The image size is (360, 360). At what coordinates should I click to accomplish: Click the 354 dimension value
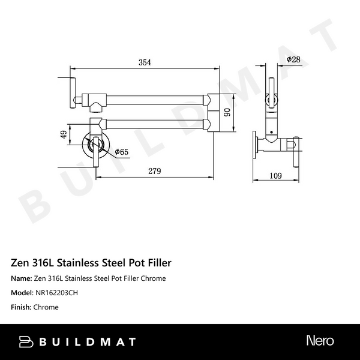[144, 62]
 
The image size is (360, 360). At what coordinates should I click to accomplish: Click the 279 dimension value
[154, 171]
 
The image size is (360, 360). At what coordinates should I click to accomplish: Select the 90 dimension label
[227, 112]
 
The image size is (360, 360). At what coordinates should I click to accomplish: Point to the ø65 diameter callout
[121, 152]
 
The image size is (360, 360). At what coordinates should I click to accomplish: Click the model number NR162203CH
[57, 293]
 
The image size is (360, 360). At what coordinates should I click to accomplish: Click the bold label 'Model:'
[22, 293]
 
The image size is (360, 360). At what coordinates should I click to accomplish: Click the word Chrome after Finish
[47, 307]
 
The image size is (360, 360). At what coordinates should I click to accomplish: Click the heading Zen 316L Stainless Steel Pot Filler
[92, 263]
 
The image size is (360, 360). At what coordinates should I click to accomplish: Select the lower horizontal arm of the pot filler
[156, 125]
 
